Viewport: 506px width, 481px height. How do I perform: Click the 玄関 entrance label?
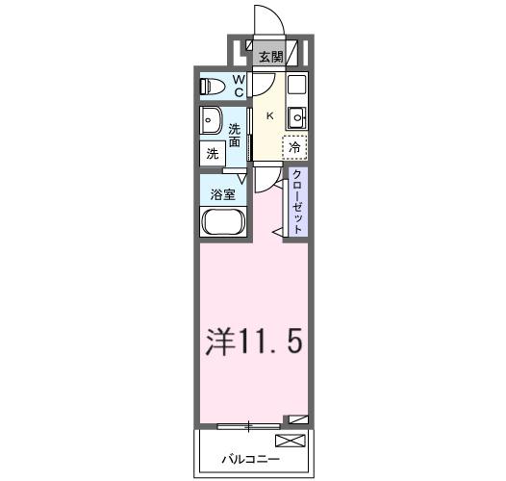[270, 56]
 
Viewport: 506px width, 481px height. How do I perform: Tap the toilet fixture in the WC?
[211, 87]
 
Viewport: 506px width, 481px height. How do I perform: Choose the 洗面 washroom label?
[235, 136]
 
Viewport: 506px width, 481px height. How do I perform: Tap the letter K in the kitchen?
[269, 116]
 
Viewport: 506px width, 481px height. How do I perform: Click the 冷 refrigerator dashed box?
[294, 147]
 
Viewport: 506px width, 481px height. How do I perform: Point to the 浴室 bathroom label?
[224, 192]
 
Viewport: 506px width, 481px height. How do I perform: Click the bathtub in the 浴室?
[223, 222]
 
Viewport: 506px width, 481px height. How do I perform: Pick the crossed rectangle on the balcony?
[289, 442]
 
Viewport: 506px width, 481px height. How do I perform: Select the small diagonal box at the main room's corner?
[297, 419]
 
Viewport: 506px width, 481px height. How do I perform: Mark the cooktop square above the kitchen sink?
[296, 84]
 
